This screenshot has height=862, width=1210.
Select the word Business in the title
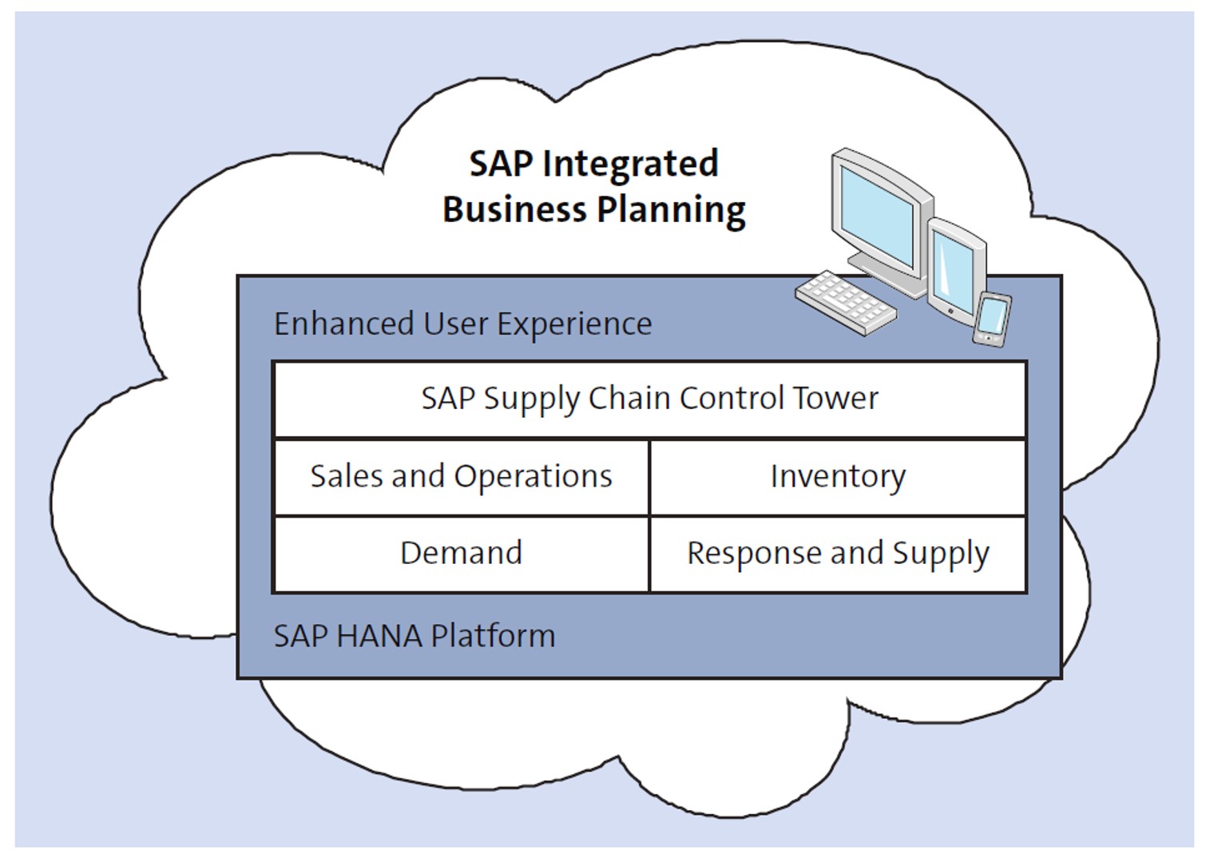pyautogui.click(x=514, y=209)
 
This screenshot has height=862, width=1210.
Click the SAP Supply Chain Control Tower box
pyautogui.click(x=649, y=399)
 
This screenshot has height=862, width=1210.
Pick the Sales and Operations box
pyautogui.click(x=461, y=476)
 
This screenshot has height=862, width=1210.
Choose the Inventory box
pyautogui.click(x=838, y=476)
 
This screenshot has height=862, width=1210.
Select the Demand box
pyautogui.click(x=461, y=553)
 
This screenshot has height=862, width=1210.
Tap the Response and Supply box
pyautogui.click(x=838, y=553)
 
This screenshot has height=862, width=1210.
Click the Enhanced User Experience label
pyautogui.click(x=462, y=324)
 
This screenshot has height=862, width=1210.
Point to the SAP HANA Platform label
pyautogui.click(x=414, y=636)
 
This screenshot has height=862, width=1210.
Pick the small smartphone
pyautogui.click(x=992, y=319)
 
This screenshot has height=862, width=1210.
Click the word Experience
pyautogui.click(x=574, y=324)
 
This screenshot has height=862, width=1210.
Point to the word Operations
pyautogui.click(x=533, y=477)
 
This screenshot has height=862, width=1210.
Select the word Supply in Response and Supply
pyautogui.click(x=941, y=554)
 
